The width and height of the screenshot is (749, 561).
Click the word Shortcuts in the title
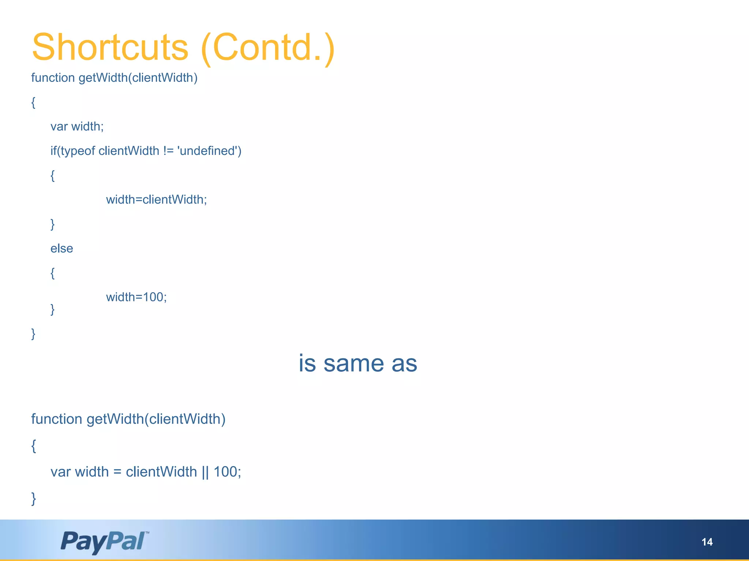[x=110, y=47]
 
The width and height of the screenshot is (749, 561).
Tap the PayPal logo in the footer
[x=105, y=541]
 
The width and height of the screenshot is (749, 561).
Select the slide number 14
[x=707, y=542]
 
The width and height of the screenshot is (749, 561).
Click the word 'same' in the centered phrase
[x=354, y=364]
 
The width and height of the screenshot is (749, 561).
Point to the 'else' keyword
[x=62, y=248]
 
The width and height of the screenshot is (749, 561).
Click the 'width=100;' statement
[x=136, y=297]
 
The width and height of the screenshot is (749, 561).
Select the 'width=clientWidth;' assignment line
[x=157, y=199]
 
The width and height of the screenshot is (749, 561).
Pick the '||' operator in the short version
[x=205, y=472]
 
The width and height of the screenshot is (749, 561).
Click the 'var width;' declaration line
[x=77, y=126]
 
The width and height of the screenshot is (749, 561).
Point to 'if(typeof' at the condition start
[x=73, y=151]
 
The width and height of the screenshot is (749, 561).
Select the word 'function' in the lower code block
[x=57, y=419]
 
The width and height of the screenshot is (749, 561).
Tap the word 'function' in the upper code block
[x=53, y=78]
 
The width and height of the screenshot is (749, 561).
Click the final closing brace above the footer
[x=34, y=499]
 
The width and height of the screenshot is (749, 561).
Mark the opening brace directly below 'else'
[x=53, y=273]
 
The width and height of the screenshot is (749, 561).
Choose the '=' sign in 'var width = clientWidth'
[x=117, y=472]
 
